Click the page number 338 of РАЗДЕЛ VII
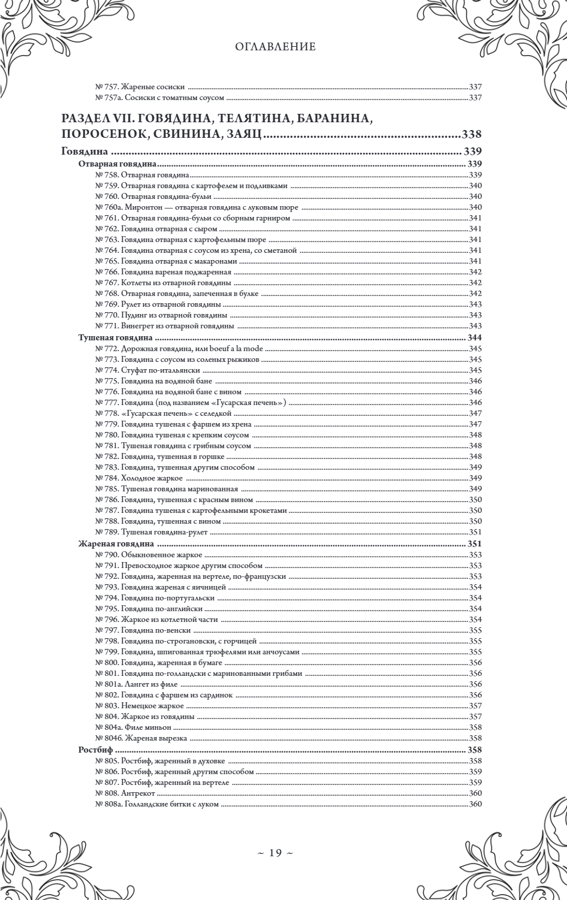472,134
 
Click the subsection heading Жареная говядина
116,544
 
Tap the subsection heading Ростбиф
96,750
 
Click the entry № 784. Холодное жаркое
139,478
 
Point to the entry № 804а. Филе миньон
130,727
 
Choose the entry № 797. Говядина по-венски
143,630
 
